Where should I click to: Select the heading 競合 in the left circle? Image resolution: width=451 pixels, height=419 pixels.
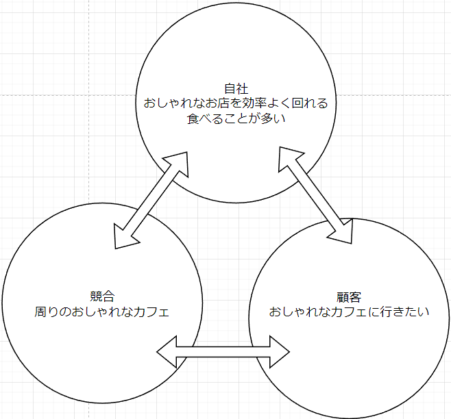coord(101,297)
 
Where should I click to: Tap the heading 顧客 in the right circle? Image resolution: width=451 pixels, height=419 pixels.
coord(349,297)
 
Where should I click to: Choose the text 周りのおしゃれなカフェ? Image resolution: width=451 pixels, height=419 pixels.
coord(101,312)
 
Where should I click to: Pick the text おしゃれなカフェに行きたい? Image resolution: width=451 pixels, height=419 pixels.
coord(349,312)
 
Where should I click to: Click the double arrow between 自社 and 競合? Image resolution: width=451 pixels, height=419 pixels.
coord(151,199)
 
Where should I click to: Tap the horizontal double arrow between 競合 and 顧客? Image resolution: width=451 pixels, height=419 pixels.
coord(223,352)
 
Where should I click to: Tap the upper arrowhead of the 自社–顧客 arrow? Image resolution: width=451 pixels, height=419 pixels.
coord(289,157)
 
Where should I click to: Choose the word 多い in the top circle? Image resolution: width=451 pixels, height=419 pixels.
coord(272,119)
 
